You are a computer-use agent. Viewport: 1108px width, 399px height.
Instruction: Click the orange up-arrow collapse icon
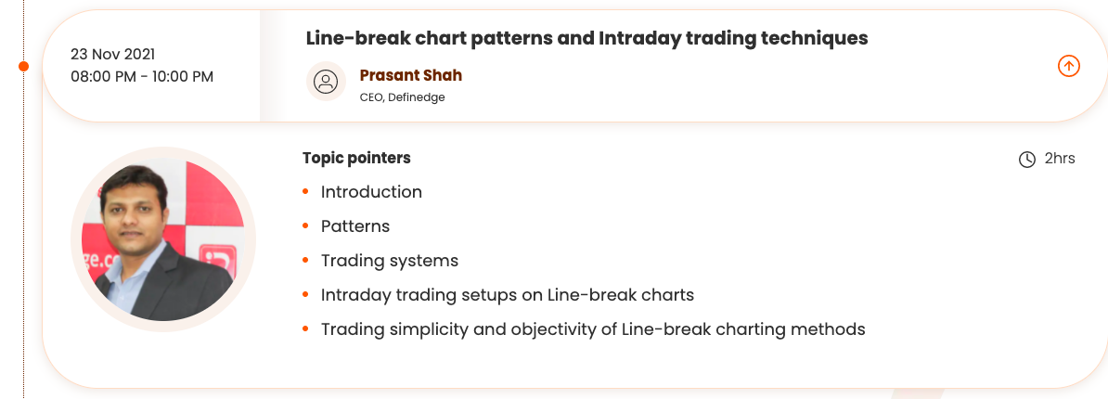(x=1068, y=67)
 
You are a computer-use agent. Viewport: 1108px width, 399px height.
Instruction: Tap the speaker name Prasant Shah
(x=410, y=75)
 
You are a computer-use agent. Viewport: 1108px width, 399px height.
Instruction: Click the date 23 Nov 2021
(x=112, y=55)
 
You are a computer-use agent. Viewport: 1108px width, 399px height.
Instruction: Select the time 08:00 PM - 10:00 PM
(x=142, y=76)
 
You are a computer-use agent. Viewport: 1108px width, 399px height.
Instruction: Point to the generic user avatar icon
(x=326, y=82)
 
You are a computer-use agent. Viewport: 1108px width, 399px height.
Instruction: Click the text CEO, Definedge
(x=402, y=97)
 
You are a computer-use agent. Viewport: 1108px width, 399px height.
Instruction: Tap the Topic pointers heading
(x=356, y=158)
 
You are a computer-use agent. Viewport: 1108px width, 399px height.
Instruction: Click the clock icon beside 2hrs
(x=1026, y=160)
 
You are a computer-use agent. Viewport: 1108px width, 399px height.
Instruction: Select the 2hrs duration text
(x=1060, y=158)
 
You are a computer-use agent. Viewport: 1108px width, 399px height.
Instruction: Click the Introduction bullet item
(x=371, y=192)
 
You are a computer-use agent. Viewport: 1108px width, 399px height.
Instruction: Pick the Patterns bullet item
(x=355, y=226)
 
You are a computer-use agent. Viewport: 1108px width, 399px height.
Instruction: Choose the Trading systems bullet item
(x=390, y=262)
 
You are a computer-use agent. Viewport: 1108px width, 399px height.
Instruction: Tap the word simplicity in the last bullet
(x=414, y=329)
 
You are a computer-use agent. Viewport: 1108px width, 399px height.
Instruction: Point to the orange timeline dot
(x=23, y=67)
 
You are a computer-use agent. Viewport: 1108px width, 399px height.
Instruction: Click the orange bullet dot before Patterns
(x=305, y=226)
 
